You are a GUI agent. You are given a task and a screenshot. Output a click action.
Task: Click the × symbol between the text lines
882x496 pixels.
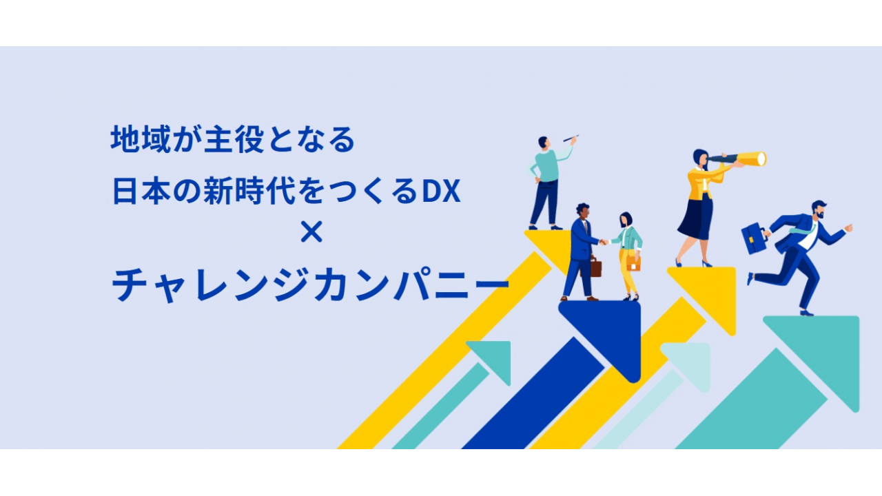click(311, 231)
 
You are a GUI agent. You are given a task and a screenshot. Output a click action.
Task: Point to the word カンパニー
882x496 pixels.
click(411, 285)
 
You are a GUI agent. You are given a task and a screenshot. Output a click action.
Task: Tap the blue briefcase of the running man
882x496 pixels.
click(754, 238)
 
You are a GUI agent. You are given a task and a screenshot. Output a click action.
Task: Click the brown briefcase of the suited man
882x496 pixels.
click(594, 266)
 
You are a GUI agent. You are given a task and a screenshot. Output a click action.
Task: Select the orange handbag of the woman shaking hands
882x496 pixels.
click(633, 263)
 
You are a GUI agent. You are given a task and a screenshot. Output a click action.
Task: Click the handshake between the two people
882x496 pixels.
click(603, 242)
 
